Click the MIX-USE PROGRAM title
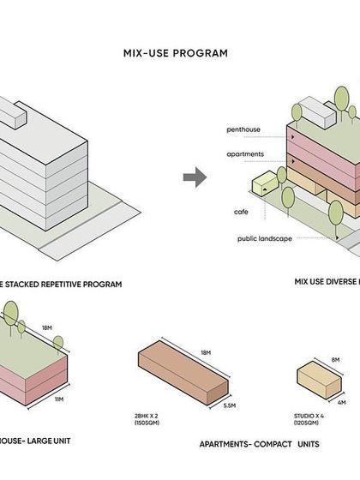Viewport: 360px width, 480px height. (x=176, y=53)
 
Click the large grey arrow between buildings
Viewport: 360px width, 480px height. (x=195, y=177)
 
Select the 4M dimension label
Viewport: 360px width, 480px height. (x=341, y=403)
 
